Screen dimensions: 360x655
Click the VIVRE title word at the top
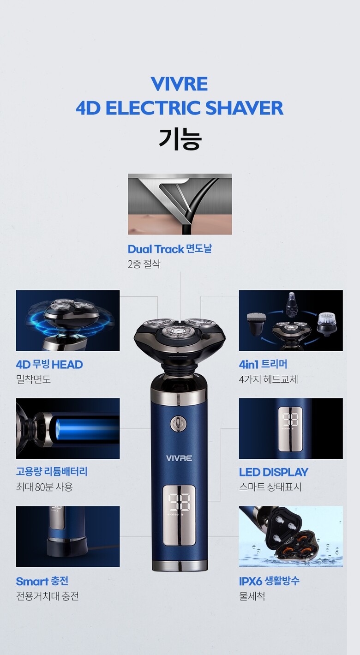179,84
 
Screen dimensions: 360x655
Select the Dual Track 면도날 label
170,249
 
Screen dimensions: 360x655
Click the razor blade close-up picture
180,204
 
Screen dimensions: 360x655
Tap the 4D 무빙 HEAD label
49,364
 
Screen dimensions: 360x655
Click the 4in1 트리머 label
263,364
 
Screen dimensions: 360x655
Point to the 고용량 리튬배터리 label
52,472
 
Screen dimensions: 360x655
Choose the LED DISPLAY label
273,472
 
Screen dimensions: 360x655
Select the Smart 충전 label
42,581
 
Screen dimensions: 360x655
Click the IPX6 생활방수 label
269,581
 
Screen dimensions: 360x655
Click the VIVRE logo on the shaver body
179,458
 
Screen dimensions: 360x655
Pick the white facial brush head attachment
326,323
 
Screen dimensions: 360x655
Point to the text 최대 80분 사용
44,487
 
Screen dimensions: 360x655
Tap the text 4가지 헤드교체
268,379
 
